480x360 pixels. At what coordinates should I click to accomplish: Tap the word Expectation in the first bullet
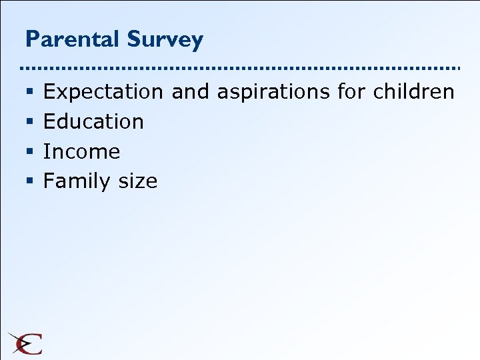[103, 92]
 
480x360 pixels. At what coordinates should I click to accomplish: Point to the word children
[413, 91]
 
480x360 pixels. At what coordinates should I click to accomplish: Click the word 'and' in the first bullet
[190, 91]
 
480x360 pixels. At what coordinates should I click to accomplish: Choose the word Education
[93, 121]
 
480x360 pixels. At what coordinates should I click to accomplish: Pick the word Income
[81, 151]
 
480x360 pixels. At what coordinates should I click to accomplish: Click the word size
[137, 181]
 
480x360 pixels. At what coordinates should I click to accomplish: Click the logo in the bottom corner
[25, 343]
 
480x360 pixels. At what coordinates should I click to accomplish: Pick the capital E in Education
[49, 121]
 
